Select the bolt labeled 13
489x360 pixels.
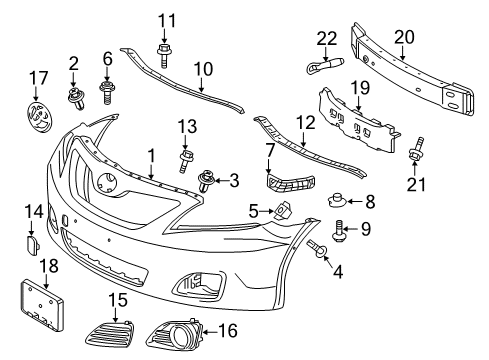[186, 159]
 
